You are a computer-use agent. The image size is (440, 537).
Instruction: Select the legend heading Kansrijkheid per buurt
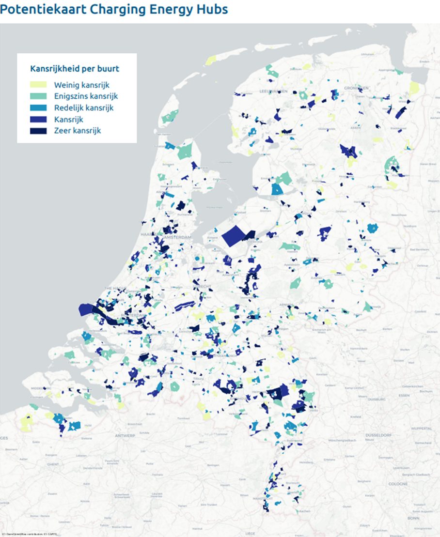[75, 69]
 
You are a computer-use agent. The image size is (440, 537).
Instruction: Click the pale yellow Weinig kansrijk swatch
[39, 85]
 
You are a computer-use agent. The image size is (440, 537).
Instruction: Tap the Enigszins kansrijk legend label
[86, 96]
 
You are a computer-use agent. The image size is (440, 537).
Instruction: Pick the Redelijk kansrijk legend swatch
[39, 107]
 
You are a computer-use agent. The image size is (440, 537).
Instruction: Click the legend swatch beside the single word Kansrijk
[39, 119]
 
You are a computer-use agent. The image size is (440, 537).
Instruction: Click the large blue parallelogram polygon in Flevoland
[235, 237]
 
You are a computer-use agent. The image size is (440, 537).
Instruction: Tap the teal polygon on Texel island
[170, 116]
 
